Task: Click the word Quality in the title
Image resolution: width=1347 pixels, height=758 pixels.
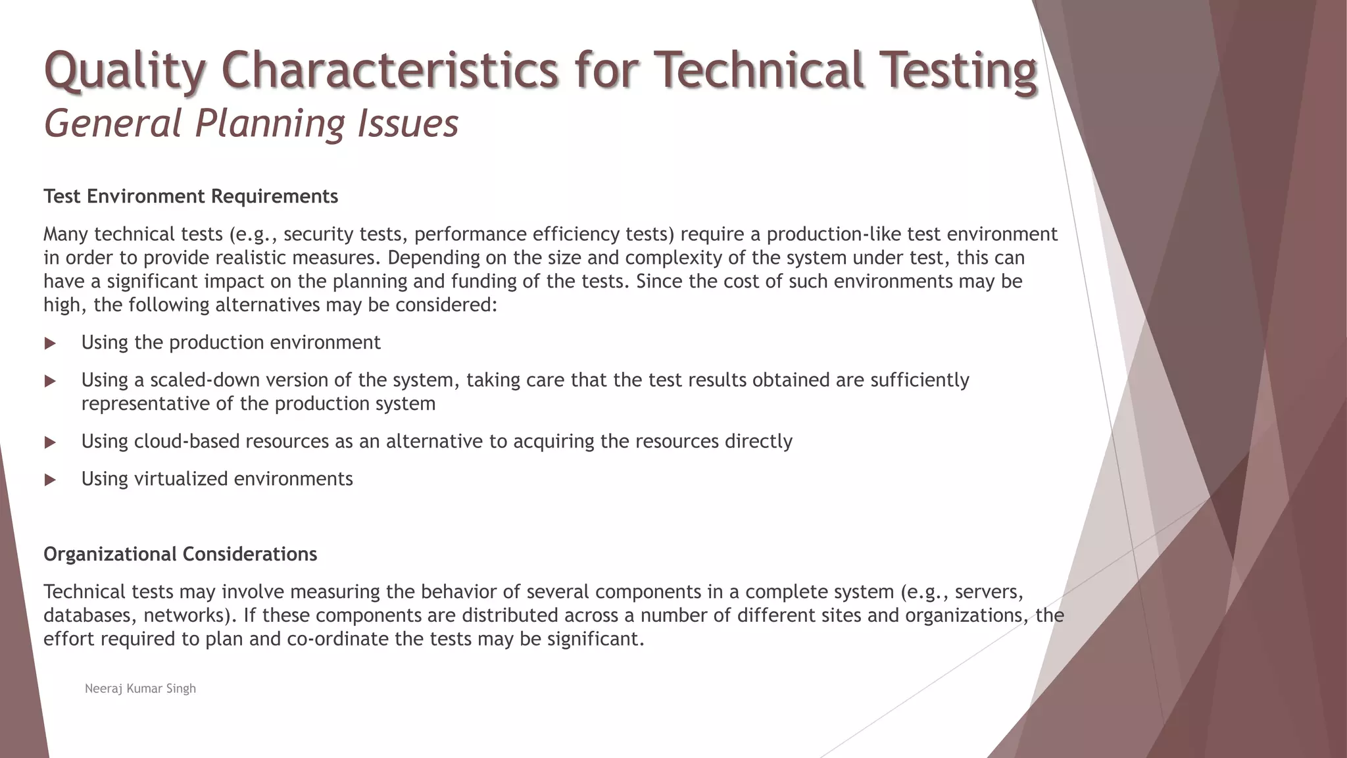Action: [x=124, y=71]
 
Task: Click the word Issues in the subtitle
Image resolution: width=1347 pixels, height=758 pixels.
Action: [x=408, y=123]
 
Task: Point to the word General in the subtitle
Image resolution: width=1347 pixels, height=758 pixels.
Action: [x=112, y=123]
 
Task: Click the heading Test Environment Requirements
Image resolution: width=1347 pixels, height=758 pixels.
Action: [x=191, y=196]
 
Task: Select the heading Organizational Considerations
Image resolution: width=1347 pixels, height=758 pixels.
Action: [x=180, y=554]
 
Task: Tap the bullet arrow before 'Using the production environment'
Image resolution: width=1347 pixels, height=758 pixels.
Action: [x=50, y=343]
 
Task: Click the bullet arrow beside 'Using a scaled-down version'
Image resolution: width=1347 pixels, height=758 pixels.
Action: [x=50, y=381]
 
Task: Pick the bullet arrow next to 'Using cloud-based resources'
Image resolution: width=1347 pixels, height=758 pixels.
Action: [x=50, y=442]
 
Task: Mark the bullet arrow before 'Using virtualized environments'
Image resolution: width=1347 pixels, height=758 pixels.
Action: [x=50, y=480]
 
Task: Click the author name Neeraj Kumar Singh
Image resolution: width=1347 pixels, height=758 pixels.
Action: [x=140, y=688]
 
